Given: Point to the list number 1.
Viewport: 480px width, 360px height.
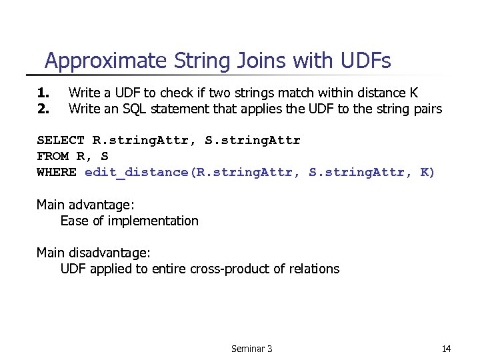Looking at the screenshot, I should pos(43,93).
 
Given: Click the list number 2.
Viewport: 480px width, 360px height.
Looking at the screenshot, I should pos(43,109).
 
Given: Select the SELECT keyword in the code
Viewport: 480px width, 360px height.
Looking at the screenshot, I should pos(61,140).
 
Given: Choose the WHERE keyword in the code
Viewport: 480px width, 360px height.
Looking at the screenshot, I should pos(57,172).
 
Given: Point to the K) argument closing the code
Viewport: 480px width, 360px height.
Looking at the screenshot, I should pos(427,172).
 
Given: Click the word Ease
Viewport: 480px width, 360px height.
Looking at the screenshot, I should pos(74,221).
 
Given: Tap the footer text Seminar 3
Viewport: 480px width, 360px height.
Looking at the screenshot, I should pos(251,349).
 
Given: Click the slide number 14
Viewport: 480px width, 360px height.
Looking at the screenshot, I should pos(446,349).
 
